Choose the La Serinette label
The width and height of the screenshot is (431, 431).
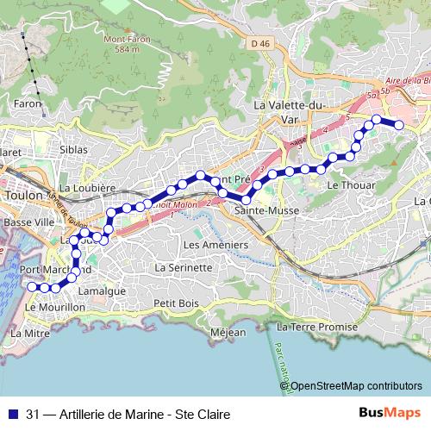tap(183, 267)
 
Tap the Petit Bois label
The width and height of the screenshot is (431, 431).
tap(176, 303)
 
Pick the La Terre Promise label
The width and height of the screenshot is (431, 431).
tap(316, 328)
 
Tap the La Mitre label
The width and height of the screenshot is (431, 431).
tap(31, 332)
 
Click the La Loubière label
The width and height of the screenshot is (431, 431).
tap(88, 187)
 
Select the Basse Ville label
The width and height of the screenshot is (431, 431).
tap(28, 222)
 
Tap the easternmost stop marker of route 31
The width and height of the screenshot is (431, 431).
tap(400, 125)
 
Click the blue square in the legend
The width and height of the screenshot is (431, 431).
tap(11, 414)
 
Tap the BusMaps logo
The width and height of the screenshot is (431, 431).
tap(389, 413)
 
